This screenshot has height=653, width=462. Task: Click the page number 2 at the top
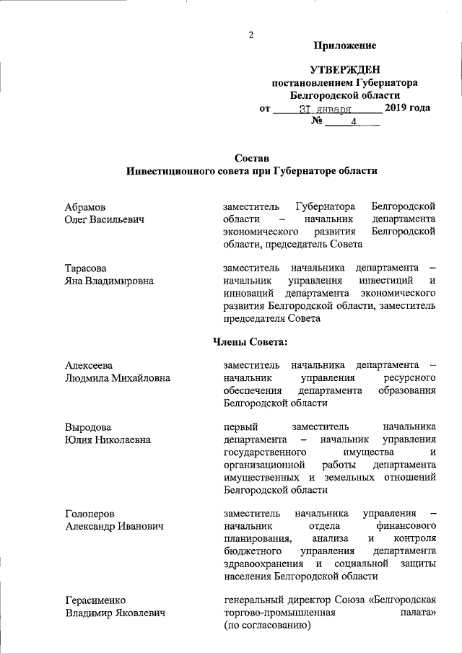coord(250,34)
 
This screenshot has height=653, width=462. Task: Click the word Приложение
coord(345,46)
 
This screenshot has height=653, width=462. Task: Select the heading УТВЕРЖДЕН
coord(344,70)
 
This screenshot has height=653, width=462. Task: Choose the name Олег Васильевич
coord(105,219)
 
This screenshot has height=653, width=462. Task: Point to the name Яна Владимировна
coord(109,281)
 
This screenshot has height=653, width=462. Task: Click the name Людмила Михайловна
coord(117,378)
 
